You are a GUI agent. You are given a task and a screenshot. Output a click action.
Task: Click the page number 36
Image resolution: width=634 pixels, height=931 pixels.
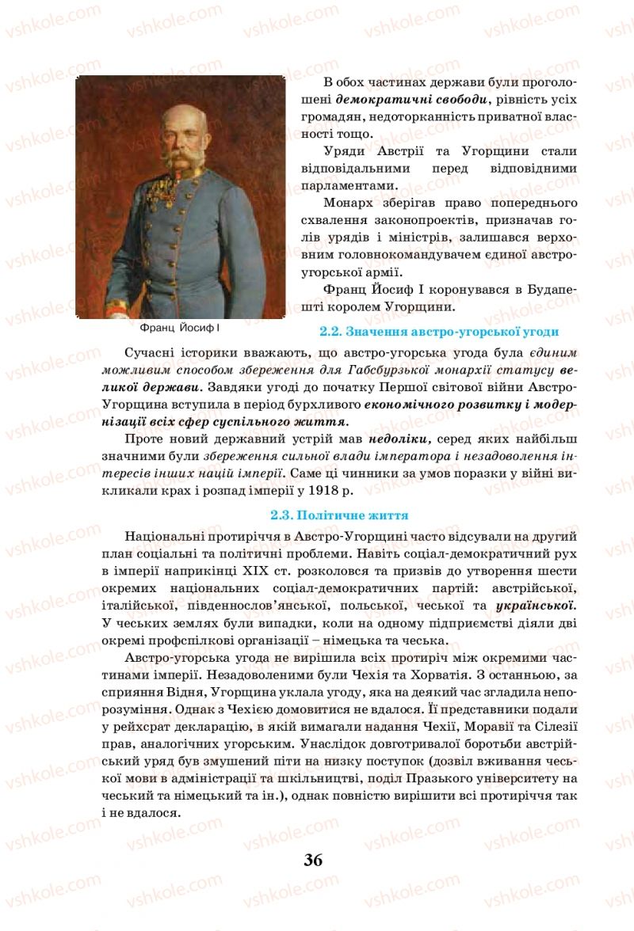[x=313, y=861]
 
